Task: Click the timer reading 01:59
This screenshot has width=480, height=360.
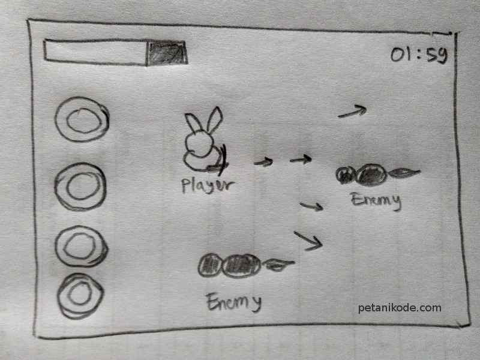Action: tap(419, 55)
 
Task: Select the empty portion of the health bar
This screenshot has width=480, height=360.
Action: tap(95, 52)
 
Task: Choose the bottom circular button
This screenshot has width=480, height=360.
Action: tap(80, 295)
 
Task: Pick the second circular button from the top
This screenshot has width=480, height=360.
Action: tap(81, 187)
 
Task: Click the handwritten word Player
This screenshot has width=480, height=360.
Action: tap(205, 185)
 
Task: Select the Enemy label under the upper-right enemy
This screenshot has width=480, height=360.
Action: tap(376, 200)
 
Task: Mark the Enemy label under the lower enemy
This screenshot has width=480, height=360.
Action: tap(234, 302)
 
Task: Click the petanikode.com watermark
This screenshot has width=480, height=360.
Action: tap(399, 308)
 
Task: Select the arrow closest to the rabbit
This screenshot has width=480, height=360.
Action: tap(263, 162)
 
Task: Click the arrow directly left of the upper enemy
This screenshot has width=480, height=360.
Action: tap(301, 160)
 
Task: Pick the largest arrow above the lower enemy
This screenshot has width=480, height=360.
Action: tap(308, 239)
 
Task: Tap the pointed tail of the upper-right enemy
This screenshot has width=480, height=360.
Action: tap(404, 173)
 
